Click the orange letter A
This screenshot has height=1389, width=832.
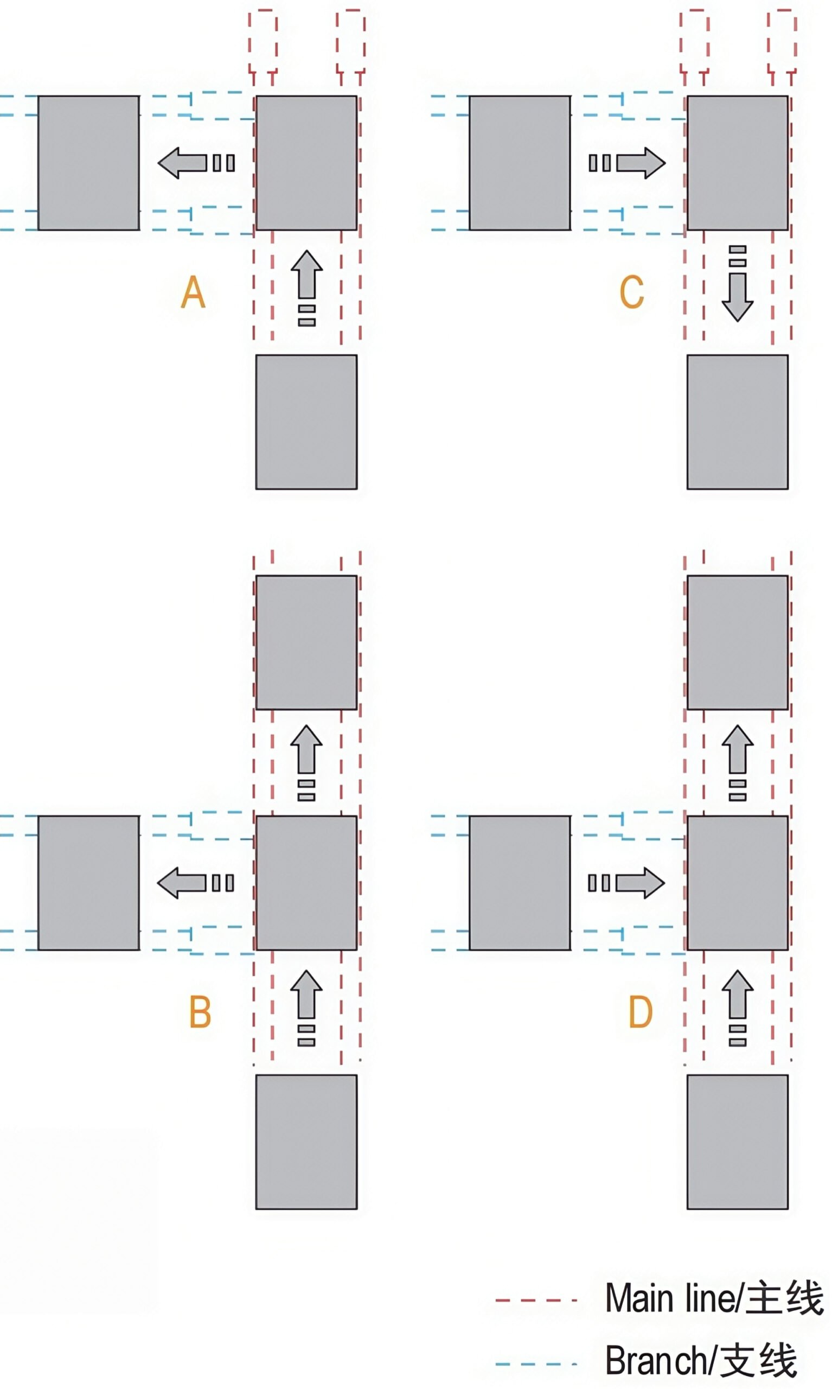point(194,291)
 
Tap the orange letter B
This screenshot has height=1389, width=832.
point(200,1011)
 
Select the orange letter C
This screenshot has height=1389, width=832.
point(632,291)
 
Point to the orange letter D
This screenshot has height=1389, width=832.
point(641,1011)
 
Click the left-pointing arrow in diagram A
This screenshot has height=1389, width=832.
point(196,163)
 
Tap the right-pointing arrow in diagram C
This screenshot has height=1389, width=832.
point(627,163)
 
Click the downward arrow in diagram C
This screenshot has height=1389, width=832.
point(737,284)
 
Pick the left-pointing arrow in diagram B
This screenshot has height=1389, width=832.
point(196,883)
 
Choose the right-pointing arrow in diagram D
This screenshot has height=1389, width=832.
point(626,883)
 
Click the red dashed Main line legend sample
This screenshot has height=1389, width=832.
point(536,1300)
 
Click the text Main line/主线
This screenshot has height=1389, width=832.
point(714,1298)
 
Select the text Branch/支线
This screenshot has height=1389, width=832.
point(701,1361)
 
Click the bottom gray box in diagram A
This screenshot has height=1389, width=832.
point(306,422)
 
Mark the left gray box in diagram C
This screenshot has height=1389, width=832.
point(520,163)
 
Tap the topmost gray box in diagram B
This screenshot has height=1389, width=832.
point(306,642)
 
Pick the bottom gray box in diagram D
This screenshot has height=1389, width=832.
point(737,1142)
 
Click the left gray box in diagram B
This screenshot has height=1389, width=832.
point(88,883)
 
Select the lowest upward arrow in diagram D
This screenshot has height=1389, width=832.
point(737,1008)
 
